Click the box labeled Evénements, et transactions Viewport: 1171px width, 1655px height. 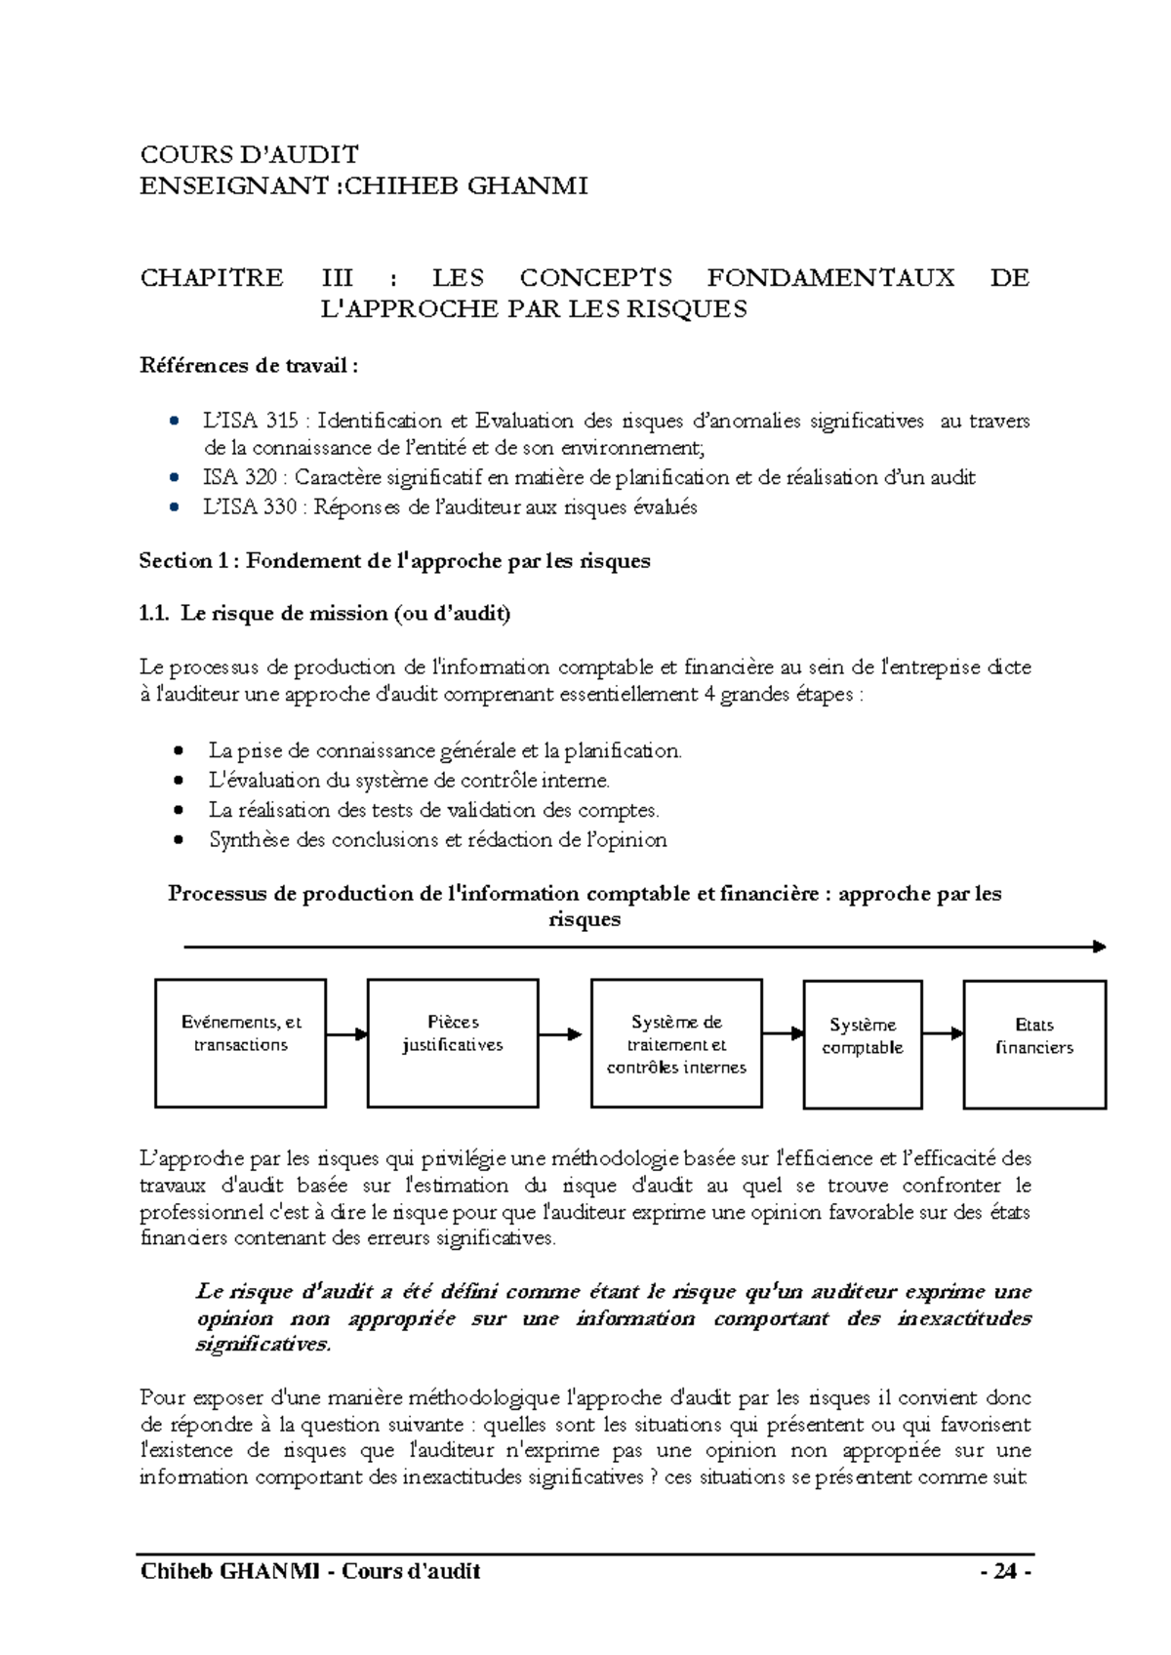click(240, 1043)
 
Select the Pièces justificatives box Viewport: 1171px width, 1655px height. click(453, 1043)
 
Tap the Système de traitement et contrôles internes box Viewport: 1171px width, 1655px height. click(676, 1043)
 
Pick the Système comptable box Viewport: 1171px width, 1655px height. click(863, 1043)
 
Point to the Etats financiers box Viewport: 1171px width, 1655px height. click(1034, 1043)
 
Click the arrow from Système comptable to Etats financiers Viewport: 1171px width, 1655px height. click(943, 1032)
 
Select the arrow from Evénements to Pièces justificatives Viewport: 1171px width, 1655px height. click(346, 1033)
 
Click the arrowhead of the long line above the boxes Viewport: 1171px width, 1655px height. click(1099, 947)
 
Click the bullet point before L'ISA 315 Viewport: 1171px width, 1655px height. click(174, 422)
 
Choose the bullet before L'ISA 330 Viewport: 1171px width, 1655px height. click(174, 506)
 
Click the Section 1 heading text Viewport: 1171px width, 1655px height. click(394, 561)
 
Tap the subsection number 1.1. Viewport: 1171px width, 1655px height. click(154, 614)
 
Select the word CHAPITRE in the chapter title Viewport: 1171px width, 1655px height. click(212, 278)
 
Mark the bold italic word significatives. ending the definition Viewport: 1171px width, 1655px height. click(263, 1345)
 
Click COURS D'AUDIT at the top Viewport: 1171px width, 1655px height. click(250, 154)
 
